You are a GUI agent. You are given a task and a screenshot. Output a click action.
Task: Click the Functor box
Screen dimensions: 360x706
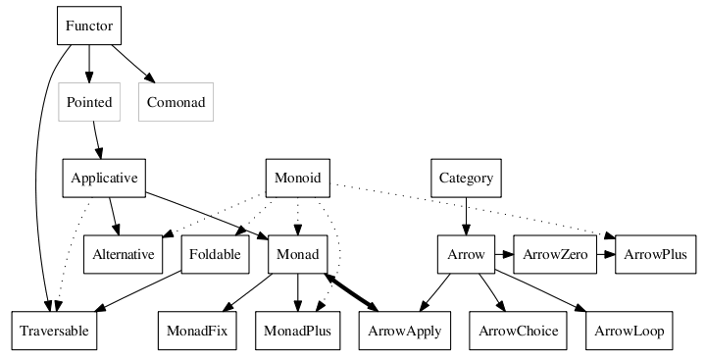(x=89, y=26)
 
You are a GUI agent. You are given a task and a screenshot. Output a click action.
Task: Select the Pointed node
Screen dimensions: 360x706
(x=89, y=102)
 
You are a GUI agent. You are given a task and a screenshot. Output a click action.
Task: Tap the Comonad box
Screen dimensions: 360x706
(x=176, y=102)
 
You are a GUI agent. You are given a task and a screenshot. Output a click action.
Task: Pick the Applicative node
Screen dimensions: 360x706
(x=104, y=179)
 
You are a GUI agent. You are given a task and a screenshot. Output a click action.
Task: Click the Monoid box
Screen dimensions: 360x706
(x=297, y=179)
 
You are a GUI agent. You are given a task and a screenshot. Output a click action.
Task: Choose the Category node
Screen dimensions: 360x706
(x=466, y=179)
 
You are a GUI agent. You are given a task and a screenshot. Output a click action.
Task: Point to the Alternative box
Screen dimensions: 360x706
(x=124, y=255)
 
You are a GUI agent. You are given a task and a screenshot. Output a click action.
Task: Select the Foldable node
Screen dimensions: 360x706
(x=215, y=255)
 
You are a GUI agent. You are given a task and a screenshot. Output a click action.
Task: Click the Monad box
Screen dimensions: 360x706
(x=297, y=255)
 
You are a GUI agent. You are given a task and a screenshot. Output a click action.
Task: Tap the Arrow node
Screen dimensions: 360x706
(x=466, y=255)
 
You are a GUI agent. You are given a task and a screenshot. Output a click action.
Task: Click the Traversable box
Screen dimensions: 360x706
(x=53, y=332)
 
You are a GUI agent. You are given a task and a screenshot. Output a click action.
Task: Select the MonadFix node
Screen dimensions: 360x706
(x=196, y=332)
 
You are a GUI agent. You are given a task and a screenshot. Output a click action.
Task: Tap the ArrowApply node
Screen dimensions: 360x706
(x=403, y=332)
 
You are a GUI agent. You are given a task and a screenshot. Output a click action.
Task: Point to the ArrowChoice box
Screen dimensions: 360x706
(x=519, y=332)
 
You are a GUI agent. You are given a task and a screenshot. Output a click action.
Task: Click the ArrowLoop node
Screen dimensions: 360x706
(x=629, y=332)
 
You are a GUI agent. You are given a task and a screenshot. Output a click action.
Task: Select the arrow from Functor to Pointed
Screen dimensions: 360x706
(x=89, y=64)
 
